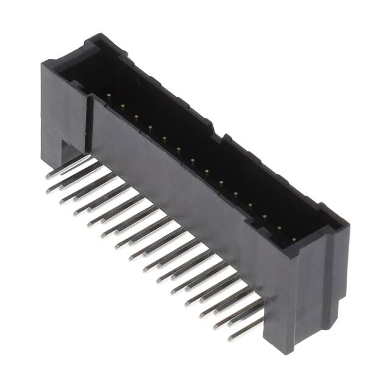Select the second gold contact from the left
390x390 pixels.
(x=122, y=106)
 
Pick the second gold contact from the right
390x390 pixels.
(x=278, y=228)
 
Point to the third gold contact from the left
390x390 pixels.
(x=136, y=116)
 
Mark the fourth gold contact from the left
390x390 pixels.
(x=150, y=127)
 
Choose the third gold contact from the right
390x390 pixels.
(x=264, y=216)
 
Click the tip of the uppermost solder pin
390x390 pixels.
(x=48, y=176)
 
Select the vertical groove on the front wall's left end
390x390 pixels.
(x=90, y=122)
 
